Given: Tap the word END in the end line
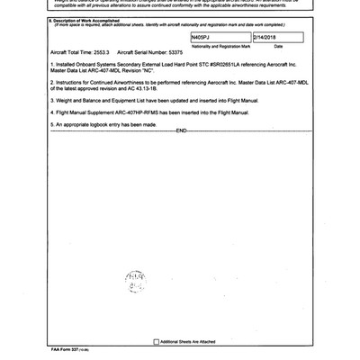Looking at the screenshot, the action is (x=180, y=157).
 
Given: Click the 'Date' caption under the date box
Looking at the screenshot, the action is (x=278, y=70).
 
